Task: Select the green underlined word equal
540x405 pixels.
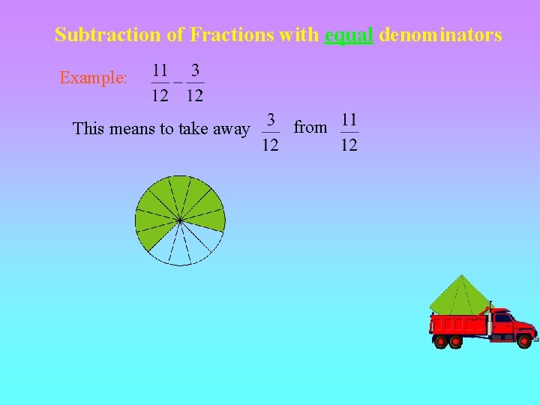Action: coord(349,35)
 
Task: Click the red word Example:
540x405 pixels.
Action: coord(94,78)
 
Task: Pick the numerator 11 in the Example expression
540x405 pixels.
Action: coord(160,70)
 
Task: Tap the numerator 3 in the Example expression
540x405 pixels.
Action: coord(195,70)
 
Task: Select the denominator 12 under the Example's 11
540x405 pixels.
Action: coord(160,95)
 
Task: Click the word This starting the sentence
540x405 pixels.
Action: coord(89,129)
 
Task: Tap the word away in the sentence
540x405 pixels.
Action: coord(232,129)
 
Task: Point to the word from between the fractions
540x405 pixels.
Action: coord(310,127)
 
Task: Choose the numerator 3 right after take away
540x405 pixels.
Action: coord(271,119)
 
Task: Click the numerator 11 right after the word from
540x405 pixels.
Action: coord(349,119)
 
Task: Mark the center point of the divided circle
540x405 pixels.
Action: coord(180,220)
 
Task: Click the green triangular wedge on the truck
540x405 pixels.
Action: coord(459,297)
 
